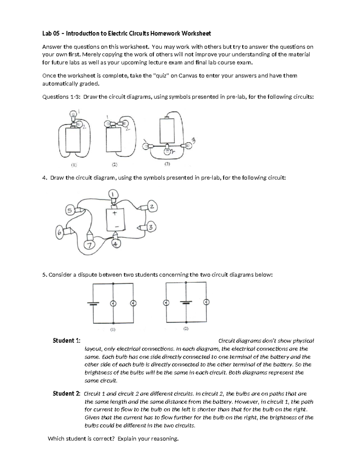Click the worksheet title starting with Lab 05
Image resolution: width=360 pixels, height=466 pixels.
click(x=126, y=34)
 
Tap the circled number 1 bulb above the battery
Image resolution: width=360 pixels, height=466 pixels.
click(x=113, y=195)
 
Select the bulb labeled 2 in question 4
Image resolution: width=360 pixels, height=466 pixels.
click(x=151, y=207)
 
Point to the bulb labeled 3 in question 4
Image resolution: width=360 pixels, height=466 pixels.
click(x=151, y=228)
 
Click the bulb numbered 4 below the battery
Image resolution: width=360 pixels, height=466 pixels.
click(x=116, y=243)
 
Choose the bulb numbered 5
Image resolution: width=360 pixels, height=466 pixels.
click(x=69, y=211)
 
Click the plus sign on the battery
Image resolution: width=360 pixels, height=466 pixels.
click(x=114, y=213)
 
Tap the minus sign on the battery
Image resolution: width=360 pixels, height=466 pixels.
click(x=116, y=226)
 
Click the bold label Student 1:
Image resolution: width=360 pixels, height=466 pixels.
click(x=66, y=341)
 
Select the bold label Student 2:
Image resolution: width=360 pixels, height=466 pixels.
click(x=66, y=394)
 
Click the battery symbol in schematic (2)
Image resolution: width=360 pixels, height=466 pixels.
click(x=186, y=302)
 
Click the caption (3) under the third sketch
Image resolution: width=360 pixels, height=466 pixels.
click(x=167, y=164)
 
